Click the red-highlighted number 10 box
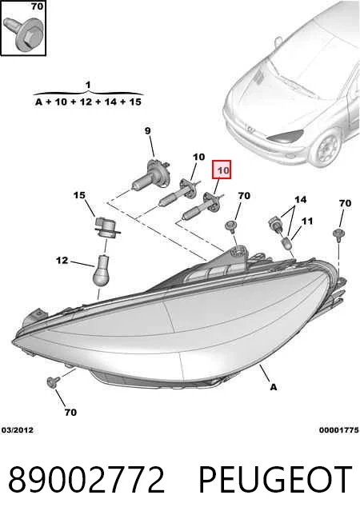[x=222, y=170]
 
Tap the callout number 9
[x=148, y=131]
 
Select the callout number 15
[x=79, y=195]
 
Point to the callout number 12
[x=62, y=260]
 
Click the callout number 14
[x=300, y=199]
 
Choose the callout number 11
[x=307, y=221]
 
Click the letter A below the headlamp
[x=274, y=387]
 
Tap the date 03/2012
[x=18, y=430]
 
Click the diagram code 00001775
[x=338, y=430]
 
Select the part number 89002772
[x=86, y=480]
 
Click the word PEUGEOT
[x=275, y=480]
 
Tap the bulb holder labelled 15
[x=106, y=227]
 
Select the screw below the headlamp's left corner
[x=53, y=381]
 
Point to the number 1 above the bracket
[x=88, y=85]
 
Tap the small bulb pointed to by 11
[x=287, y=243]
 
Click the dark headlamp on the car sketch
[x=286, y=135]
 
